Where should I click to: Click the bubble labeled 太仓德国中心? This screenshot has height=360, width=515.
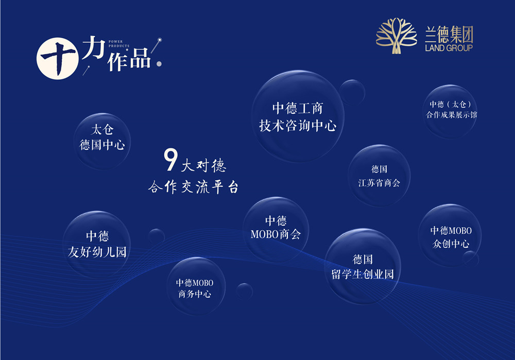click(x=102, y=141)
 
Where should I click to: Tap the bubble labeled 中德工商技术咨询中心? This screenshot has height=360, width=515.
click(x=298, y=116)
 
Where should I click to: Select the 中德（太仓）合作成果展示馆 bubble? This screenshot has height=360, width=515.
click(x=450, y=111)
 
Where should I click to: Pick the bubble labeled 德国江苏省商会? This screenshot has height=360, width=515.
click(x=380, y=176)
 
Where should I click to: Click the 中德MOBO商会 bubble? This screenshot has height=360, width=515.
click(x=276, y=230)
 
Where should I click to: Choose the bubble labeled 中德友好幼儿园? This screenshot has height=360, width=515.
click(x=97, y=244)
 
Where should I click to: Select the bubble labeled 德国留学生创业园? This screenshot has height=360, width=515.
click(x=363, y=266)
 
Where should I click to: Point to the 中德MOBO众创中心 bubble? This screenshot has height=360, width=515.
click(x=450, y=235)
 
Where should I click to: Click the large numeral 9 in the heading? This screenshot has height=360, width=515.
click(x=170, y=160)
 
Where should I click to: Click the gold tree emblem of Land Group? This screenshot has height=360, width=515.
click(x=397, y=36)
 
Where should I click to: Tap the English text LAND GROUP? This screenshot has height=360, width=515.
click(x=449, y=48)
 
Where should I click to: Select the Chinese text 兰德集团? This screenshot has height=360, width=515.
click(x=449, y=34)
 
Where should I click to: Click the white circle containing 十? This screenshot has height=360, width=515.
click(x=58, y=59)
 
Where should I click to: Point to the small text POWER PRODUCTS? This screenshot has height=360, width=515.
click(x=119, y=44)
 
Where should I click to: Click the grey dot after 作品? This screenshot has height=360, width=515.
click(x=159, y=64)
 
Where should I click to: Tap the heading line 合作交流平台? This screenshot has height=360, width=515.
click(x=193, y=187)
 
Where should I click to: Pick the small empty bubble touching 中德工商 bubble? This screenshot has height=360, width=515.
click(x=352, y=92)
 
